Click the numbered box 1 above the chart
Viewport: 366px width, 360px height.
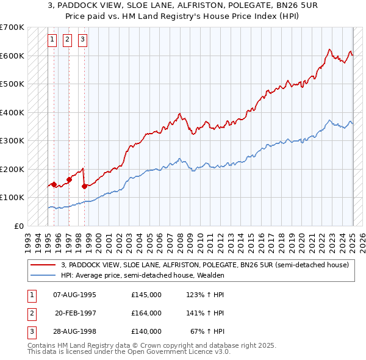coord(52,40)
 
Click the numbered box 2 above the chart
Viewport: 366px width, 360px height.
coord(67,40)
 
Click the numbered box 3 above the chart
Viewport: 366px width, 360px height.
coord(82,40)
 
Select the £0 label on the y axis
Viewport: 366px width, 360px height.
coord(19,226)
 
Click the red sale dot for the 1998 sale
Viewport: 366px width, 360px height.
coord(84,186)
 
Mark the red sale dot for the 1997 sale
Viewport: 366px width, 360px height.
coord(69,179)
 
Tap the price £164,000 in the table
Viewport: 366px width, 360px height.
coord(146,313)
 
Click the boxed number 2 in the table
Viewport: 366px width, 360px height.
coord(30,313)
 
